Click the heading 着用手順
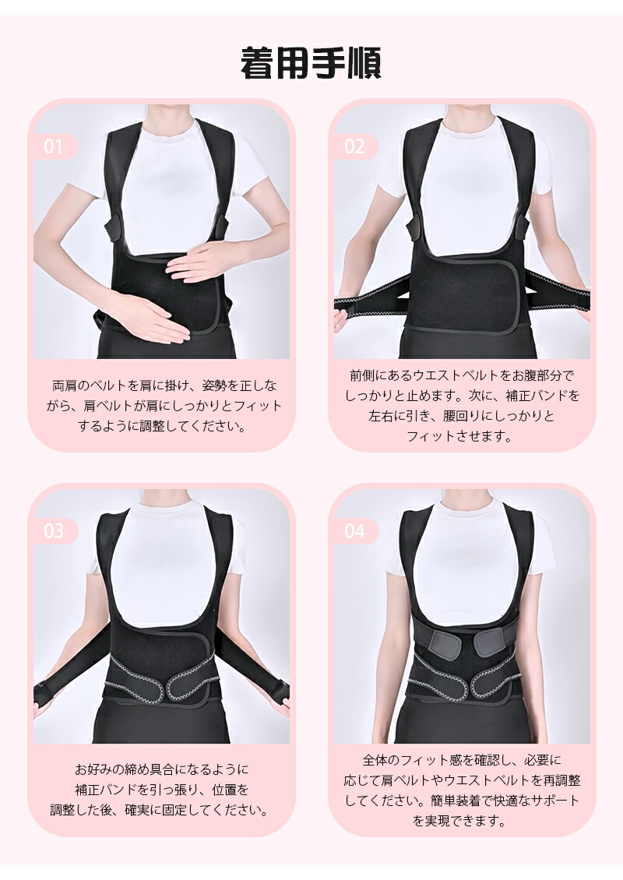(311, 63)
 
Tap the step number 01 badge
(54, 146)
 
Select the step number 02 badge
(354, 146)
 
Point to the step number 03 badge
(54, 531)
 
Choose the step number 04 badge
(354, 531)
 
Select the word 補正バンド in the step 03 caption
(104, 790)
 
